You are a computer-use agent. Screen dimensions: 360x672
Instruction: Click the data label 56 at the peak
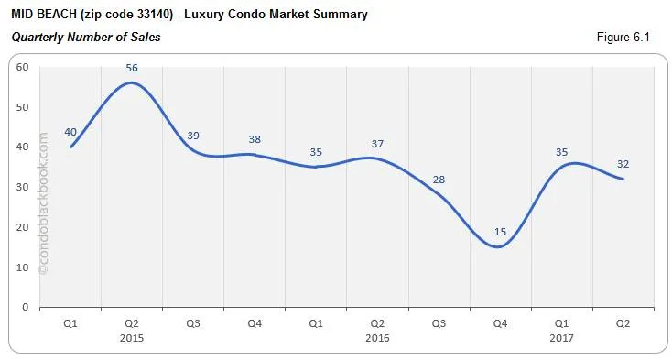point(133,68)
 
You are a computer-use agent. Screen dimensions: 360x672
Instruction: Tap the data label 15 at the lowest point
point(501,232)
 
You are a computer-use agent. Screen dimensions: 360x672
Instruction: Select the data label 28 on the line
point(439,180)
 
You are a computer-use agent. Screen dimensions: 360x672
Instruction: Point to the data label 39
point(194,136)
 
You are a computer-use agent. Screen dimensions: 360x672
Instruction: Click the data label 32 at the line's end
point(623,164)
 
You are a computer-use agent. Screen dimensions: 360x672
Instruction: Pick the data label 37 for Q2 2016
point(378,143)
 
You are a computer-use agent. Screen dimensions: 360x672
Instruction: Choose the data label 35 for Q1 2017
point(562,152)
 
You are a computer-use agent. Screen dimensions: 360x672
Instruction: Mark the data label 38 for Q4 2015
point(255,139)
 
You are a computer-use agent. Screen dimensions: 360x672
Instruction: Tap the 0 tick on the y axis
point(26,307)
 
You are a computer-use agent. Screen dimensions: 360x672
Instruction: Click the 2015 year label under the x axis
point(133,338)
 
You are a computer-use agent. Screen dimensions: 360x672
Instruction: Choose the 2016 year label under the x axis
point(378,338)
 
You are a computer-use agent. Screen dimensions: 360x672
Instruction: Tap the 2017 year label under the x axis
point(562,338)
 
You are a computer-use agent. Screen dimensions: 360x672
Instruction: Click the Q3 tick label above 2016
point(439,323)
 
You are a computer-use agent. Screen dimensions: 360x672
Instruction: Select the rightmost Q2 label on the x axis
point(623,323)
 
